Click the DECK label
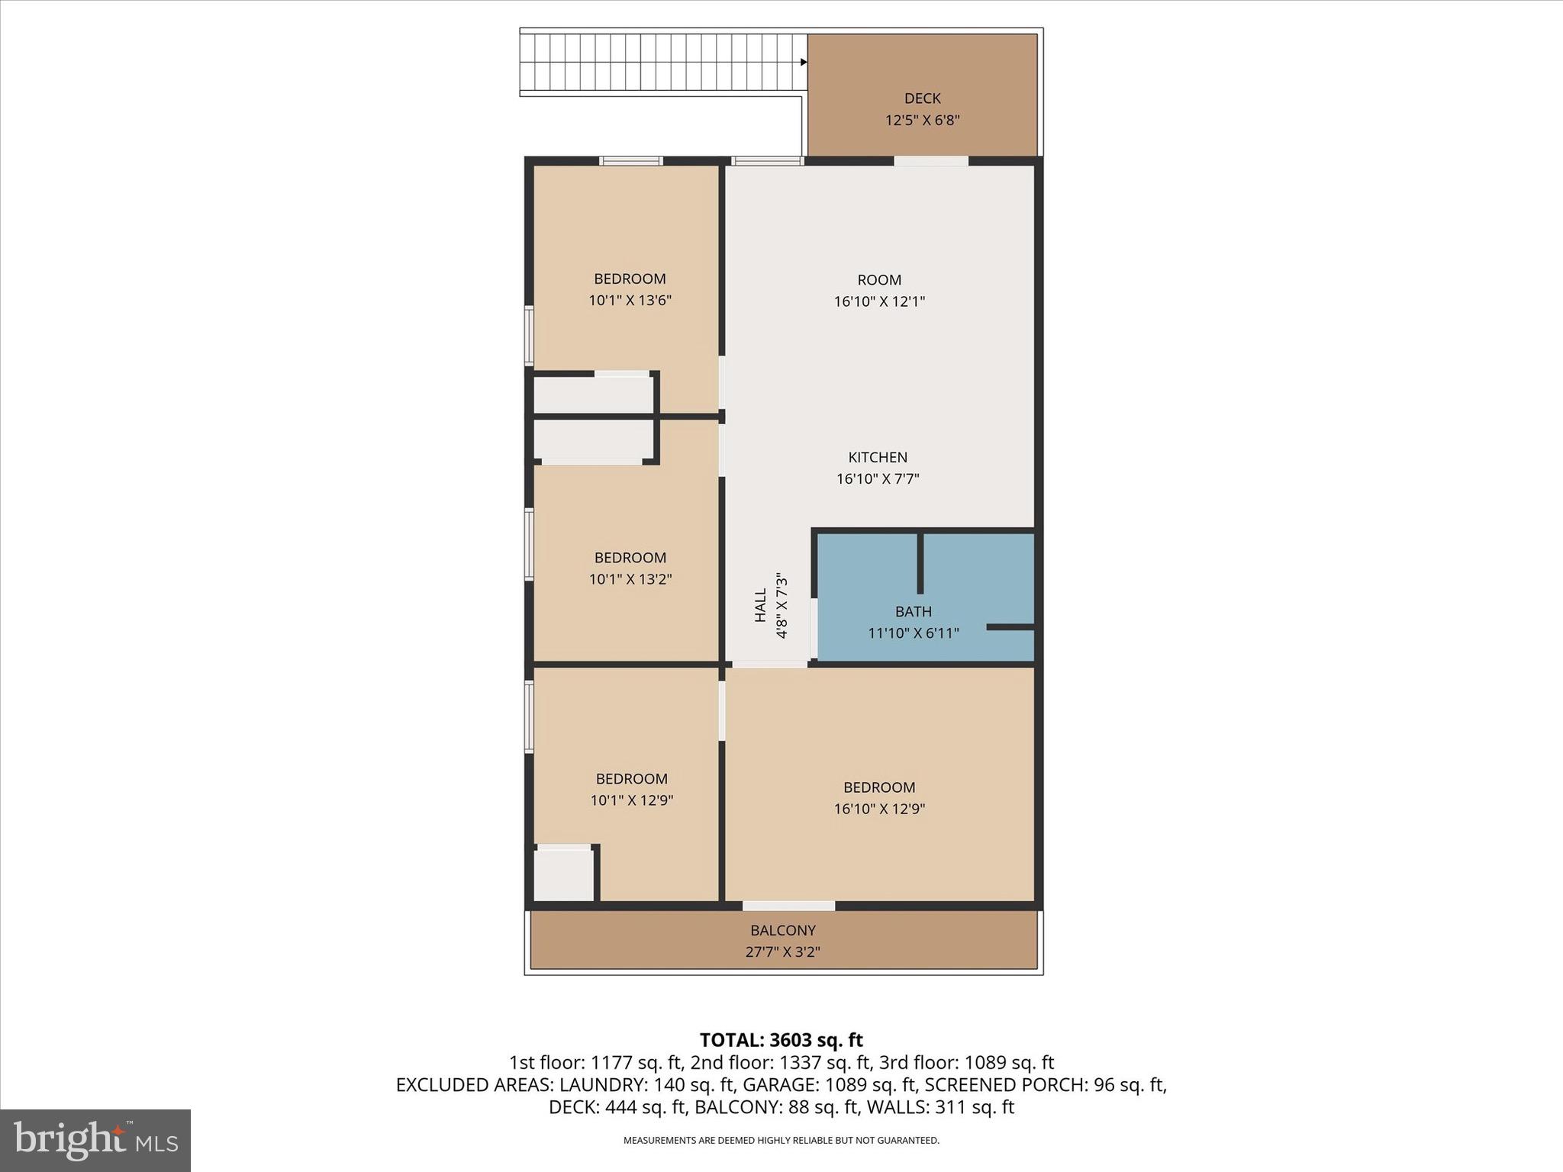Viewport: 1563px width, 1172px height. tap(922, 98)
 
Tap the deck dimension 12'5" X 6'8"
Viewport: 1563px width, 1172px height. tap(922, 121)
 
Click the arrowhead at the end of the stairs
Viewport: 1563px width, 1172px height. tap(804, 63)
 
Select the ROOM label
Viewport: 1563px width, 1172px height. tap(879, 280)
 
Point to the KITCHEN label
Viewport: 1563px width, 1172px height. tap(878, 458)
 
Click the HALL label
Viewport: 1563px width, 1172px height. tap(761, 605)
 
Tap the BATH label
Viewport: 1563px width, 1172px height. tap(914, 612)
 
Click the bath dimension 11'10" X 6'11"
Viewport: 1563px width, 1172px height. tap(914, 633)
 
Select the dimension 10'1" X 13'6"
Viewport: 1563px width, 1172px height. tap(630, 301)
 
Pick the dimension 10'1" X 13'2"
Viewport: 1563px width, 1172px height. tap(630, 579)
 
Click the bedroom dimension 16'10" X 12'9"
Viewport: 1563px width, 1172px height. tap(879, 809)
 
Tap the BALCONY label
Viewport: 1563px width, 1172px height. tap(783, 931)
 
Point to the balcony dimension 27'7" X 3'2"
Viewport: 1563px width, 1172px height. tap(783, 952)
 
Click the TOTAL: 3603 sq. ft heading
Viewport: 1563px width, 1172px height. tap(781, 1040)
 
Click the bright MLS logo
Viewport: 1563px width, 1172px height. tap(95, 1140)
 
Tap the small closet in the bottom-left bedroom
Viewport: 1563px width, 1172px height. tap(563, 875)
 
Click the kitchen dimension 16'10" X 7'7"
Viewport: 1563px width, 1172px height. tap(878, 479)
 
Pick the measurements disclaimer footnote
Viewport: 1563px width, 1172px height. tap(781, 1141)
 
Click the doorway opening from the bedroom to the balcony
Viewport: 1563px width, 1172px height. tap(788, 906)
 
